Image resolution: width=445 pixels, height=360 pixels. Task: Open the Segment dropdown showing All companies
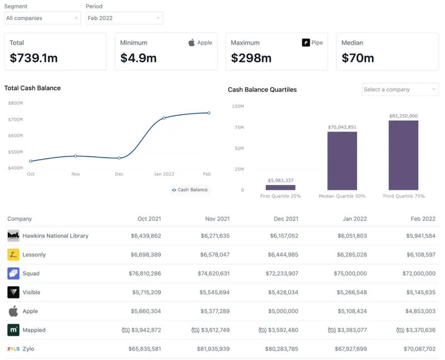pos(42,18)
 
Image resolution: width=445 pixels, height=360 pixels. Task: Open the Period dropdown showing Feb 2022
pos(124,18)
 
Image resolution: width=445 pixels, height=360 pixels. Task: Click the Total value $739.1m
pos(34,58)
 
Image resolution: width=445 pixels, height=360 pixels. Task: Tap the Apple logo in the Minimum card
pos(192,43)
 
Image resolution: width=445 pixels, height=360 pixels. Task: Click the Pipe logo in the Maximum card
pos(306,43)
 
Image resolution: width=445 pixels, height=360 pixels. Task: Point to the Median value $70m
pos(358,58)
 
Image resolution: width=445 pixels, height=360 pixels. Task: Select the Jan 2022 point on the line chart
pos(164,118)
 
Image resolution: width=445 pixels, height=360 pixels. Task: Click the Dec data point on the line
pos(119,158)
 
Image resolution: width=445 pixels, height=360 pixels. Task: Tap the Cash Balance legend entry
pos(190,190)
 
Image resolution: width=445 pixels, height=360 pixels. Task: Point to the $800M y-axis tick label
pos(16,103)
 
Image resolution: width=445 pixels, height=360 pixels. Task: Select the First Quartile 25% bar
pos(280,188)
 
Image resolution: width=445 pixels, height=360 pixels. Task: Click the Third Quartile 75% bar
pos(403,155)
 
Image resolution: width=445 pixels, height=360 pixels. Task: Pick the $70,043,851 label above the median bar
pos(342,127)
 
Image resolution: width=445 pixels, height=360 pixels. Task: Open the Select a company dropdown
pos(400,90)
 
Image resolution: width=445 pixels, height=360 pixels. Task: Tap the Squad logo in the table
pos(13,274)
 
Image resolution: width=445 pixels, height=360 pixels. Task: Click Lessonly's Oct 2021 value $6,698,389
pos(146,255)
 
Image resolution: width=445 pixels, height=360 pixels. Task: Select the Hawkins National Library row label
pos(55,236)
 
